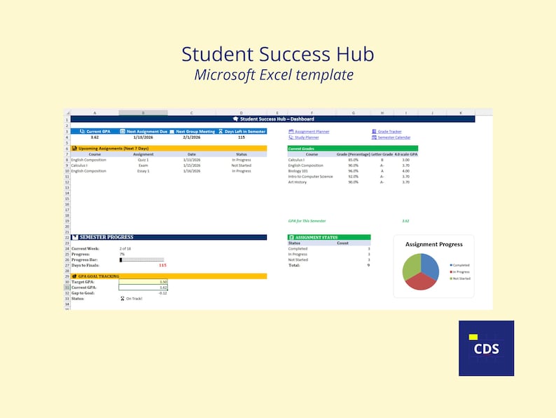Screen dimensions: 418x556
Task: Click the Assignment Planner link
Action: pos(312,132)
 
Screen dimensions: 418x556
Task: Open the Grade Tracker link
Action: pos(389,132)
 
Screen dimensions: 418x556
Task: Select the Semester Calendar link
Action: pos(394,137)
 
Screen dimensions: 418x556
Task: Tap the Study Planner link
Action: pos(307,137)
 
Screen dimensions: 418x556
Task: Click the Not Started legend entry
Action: pos(461,278)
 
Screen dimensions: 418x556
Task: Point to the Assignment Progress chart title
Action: pos(433,244)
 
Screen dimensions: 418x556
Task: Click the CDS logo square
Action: pos(486,348)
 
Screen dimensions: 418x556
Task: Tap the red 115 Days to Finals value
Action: pos(162,265)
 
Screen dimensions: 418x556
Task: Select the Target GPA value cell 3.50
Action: pos(162,281)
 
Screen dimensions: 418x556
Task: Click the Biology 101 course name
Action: pos(299,171)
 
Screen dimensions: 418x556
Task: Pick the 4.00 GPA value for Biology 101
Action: pos(405,171)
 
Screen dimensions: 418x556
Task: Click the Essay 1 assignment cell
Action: pos(143,171)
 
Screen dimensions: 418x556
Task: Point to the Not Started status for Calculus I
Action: pos(241,166)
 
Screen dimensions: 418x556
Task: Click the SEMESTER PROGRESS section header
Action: pos(106,237)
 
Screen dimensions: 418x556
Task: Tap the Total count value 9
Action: pos(368,265)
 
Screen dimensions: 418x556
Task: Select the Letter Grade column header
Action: pos(382,154)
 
